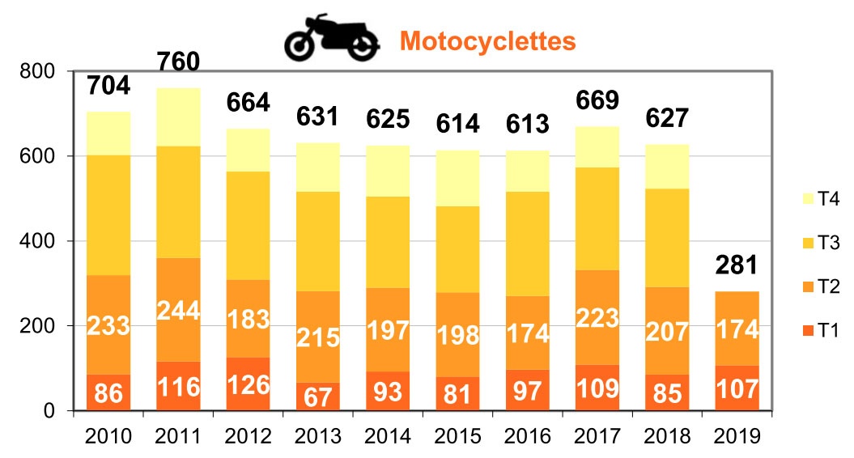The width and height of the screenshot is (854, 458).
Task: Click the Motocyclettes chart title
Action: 487,40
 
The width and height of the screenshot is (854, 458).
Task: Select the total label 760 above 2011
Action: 178,61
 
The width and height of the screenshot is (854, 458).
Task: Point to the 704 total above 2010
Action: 108,85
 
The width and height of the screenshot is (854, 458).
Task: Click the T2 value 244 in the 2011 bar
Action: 178,311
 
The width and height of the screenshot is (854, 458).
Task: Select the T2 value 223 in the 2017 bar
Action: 597,320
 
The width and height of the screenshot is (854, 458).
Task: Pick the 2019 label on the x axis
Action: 738,436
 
